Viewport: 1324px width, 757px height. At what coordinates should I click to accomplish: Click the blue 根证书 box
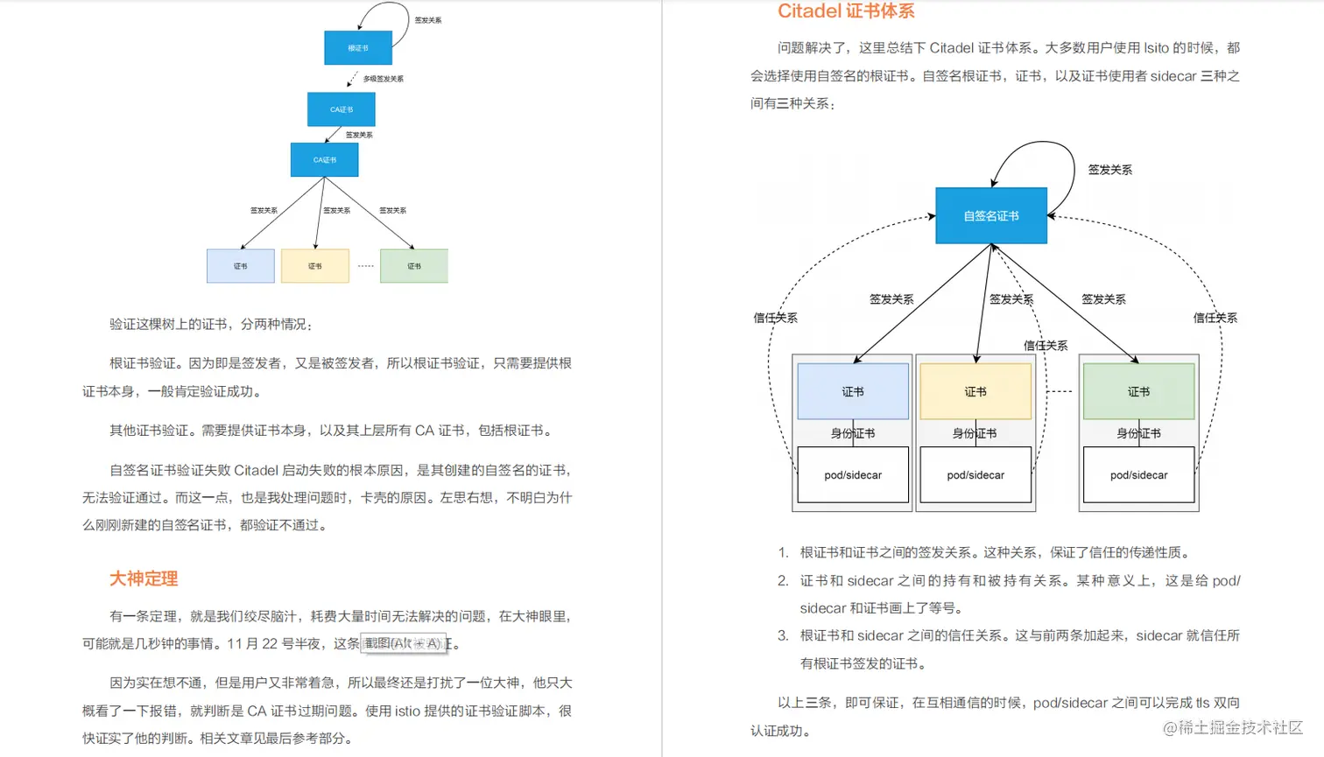pos(358,48)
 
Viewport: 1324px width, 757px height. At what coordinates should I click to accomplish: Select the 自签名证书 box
pos(991,216)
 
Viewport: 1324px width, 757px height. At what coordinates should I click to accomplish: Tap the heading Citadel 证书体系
pos(846,11)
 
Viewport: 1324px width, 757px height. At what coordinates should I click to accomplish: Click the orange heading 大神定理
pos(144,578)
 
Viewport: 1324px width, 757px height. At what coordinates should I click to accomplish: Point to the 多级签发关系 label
pos(384,79)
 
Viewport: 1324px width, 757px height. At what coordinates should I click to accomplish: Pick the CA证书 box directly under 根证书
pos(342,109)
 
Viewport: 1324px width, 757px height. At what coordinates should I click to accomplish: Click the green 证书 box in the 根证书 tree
pos(414,266)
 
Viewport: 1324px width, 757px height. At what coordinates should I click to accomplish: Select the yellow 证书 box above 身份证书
pos(975,391)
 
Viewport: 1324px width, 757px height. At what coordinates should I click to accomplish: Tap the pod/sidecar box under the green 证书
pos(1138,475)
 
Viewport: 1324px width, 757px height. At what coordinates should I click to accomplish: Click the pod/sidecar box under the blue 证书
pos(853,475)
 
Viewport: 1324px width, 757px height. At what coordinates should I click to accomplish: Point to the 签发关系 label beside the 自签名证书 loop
pos(1109,170)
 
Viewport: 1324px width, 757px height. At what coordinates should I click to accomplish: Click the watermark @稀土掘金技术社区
pos(1232,728)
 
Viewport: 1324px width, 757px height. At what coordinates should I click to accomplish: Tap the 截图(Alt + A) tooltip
pos(403,643)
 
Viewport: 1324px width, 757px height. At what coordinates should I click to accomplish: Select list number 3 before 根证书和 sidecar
pos(783,635)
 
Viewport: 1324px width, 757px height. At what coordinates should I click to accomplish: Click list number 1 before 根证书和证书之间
pos(783,552)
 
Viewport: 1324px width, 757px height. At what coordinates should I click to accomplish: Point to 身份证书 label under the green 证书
pos(1138,433)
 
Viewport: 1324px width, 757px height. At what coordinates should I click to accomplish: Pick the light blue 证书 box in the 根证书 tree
pos(241,266)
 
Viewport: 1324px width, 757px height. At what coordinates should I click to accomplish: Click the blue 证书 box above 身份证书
pos(853,391)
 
